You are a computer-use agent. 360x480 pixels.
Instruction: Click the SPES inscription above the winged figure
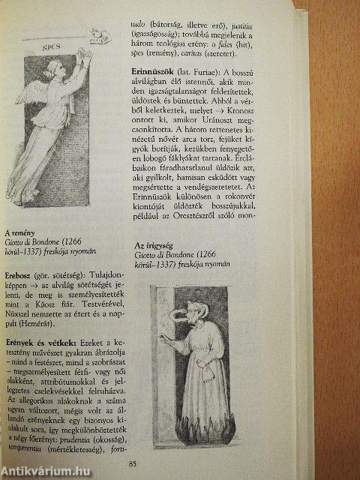point(51,46)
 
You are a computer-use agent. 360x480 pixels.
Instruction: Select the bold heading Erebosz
point(21,274)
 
